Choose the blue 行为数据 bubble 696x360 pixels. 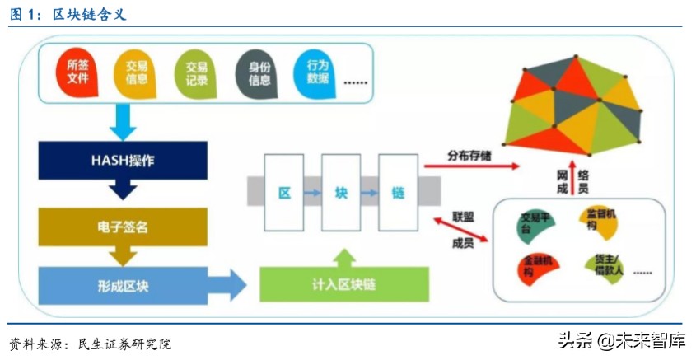click(x=317, y=72)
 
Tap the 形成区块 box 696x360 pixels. click(x=122, y=285)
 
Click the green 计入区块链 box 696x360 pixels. click(x=344, y=286)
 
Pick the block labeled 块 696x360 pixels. click(x=341, y=194)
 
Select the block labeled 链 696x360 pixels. click(x=399, y=194)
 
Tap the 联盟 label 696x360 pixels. click(x=463, y=216)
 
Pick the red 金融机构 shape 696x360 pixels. click(x=538, y=265)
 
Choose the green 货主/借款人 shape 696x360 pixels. click(x=605, y=264)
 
